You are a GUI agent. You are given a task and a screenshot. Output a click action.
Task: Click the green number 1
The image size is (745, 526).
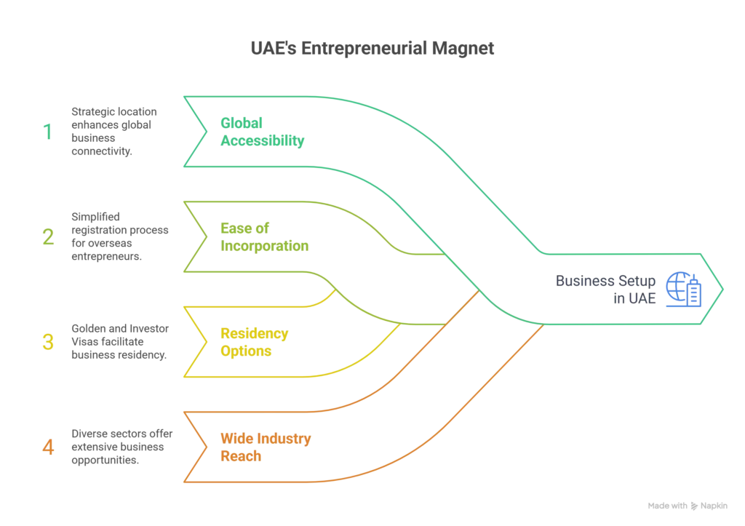click(x=48, y=132)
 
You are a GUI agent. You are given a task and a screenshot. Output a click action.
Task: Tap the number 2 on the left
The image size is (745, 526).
click(x=48, y=237)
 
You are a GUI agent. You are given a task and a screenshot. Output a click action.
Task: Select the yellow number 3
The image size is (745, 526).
click(x=48, y=343)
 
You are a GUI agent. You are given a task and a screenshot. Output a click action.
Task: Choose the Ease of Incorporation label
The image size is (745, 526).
click(x=263, y=237)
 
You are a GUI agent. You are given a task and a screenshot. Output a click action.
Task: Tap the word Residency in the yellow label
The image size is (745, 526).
click(x=254, y=334)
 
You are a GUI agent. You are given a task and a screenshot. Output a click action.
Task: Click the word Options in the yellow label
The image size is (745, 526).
click(x=246, y=351)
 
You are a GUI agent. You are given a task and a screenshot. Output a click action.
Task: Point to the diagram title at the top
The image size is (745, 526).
click(x=372, y=49)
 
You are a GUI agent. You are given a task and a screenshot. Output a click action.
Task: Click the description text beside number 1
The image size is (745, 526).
click(x=113, y=132)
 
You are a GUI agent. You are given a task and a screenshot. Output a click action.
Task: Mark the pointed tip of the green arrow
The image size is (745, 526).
click(x=725, y=290)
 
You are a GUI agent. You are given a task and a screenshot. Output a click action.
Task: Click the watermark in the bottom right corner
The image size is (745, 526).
click(x=685, y=505)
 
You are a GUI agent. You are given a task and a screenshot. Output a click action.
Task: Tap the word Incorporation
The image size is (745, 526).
click(x=263, y=247)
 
